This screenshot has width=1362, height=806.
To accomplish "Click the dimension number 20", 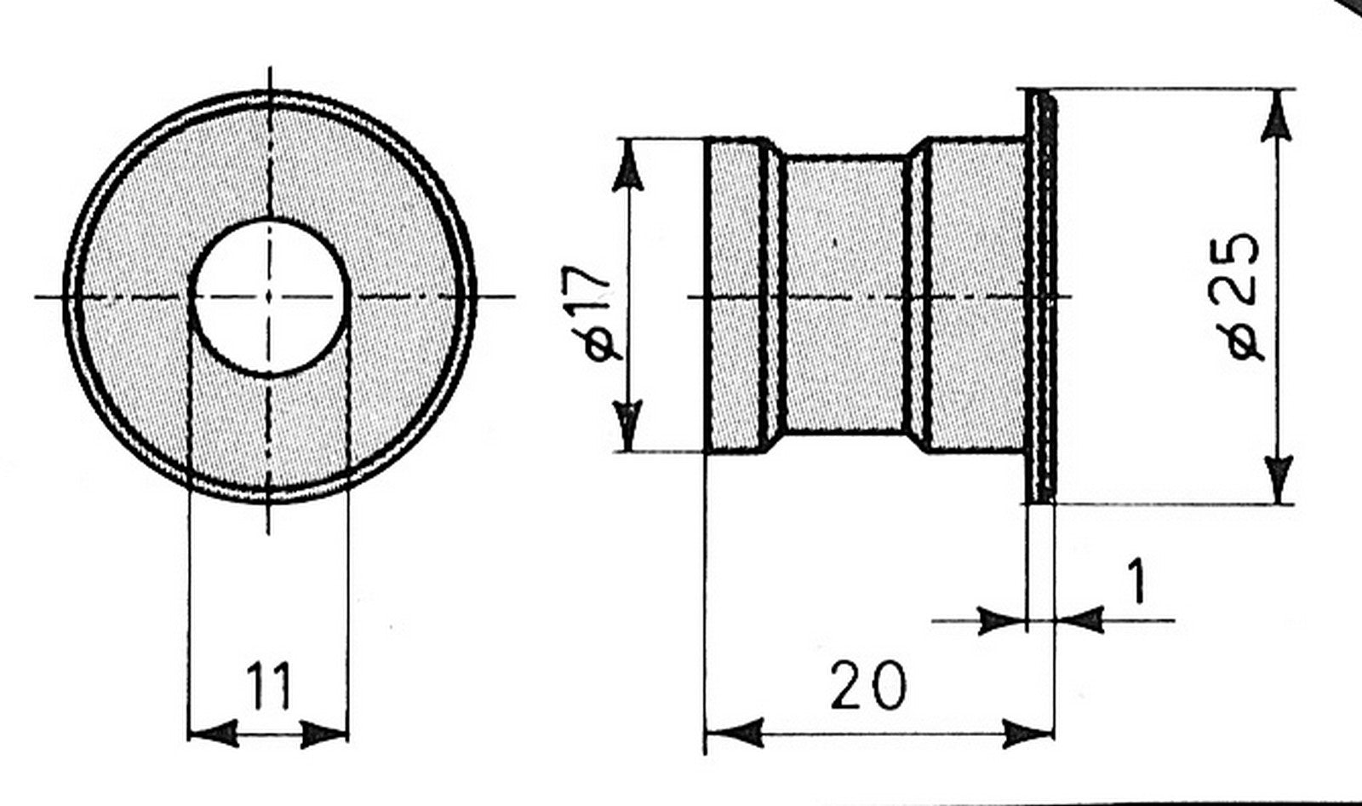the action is click(867, 685).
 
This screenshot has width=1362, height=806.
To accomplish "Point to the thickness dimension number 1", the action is click(1136, 582).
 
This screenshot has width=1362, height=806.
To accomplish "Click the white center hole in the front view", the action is click(270, 296).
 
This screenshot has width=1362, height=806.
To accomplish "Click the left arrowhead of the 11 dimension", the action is click(212, 734).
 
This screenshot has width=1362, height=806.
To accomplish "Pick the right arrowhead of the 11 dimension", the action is click(324, 734).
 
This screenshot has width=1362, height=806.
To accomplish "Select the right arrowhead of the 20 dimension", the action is click(1027, 734).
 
